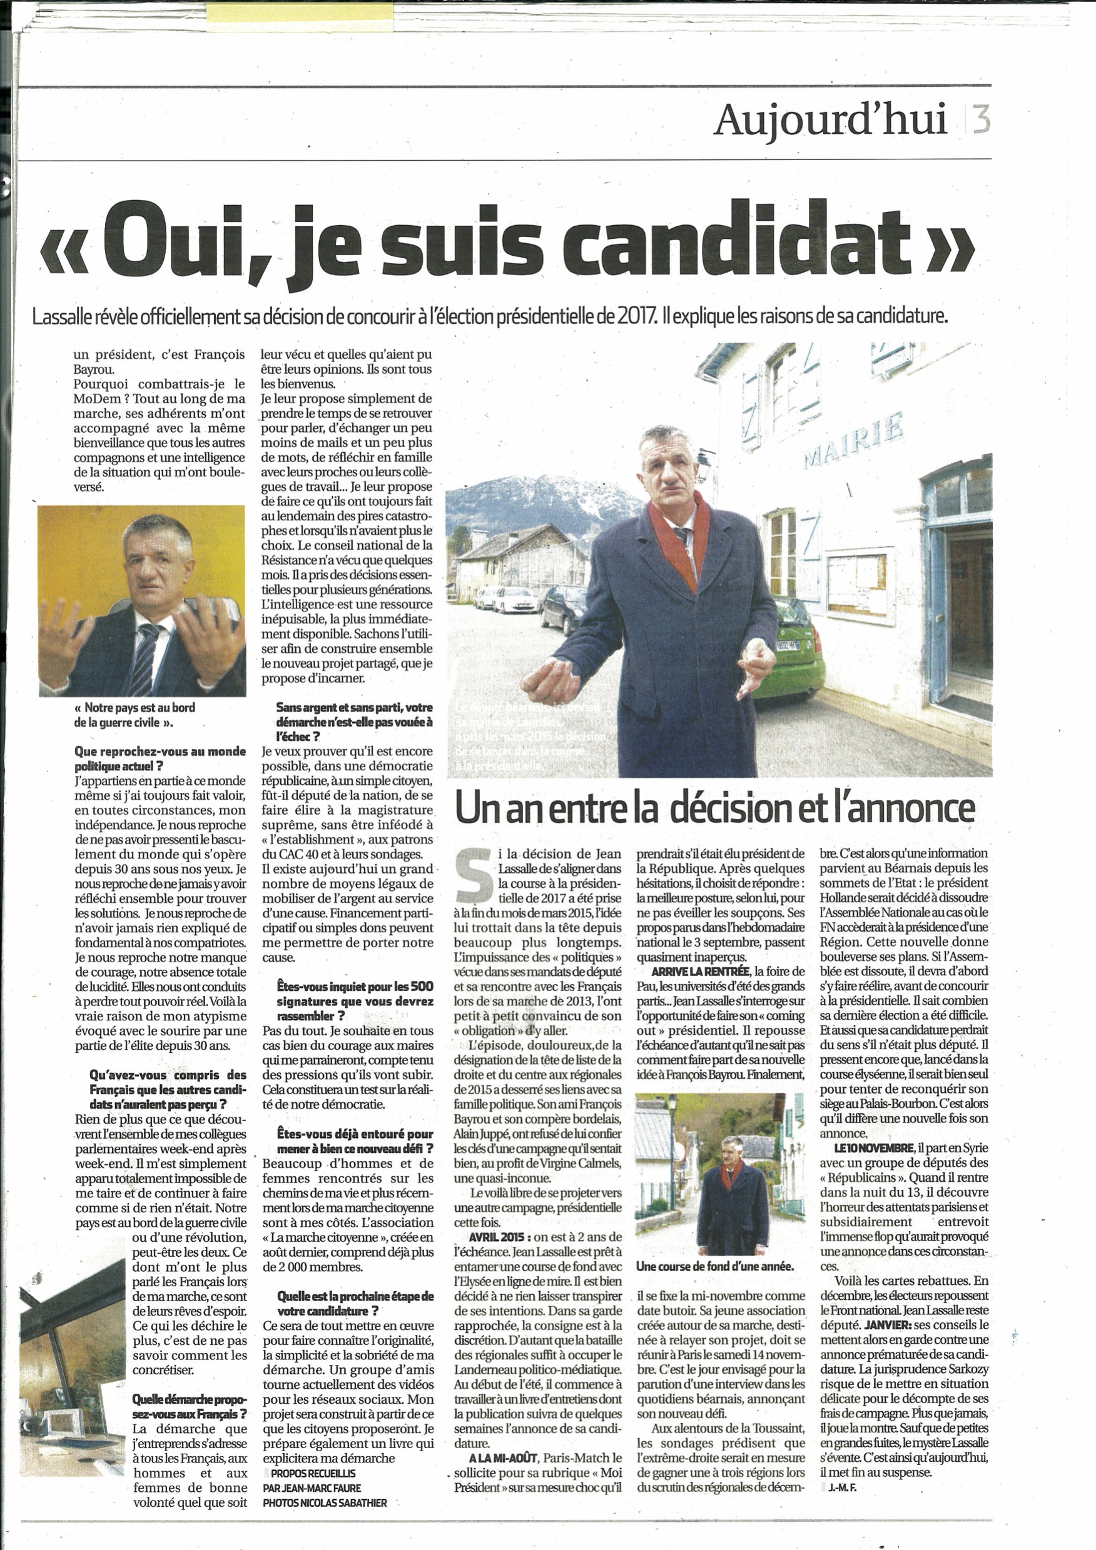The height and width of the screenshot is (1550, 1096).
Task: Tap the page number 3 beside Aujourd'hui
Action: [x=981, y=120]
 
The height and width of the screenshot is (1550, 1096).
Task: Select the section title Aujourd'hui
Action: [x=830, y=120]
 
